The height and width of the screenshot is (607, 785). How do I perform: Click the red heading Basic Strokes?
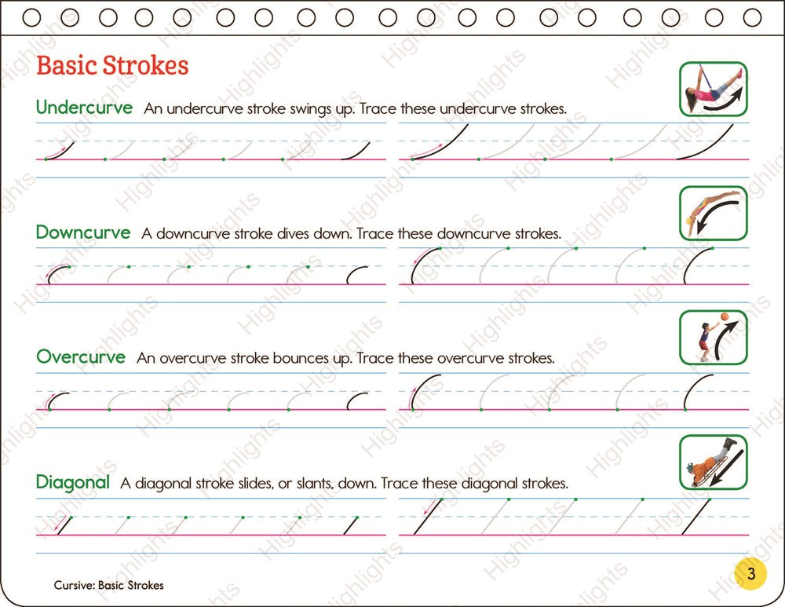click(x=112, y=65)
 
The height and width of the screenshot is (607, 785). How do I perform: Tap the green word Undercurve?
click(x=84, y=108)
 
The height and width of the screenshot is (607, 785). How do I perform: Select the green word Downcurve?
click(x=83, y=233)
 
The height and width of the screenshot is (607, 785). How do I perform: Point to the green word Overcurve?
click(x=81, y=357)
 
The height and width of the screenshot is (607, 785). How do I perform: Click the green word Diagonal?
click(x=73, y=482)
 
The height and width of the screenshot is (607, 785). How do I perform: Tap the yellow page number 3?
click(x=750, y=574)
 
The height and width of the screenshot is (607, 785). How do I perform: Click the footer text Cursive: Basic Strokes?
click(x=108, y=585)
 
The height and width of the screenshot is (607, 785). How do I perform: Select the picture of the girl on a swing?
click(x=713, y=89)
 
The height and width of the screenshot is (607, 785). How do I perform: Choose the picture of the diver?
click(x=713, y=213)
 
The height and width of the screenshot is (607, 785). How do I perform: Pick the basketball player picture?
click(x=713, y=337)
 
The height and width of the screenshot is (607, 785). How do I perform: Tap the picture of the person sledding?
click(x=713, y=462)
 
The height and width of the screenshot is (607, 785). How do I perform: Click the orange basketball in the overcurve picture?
click(x=724, y=318)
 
